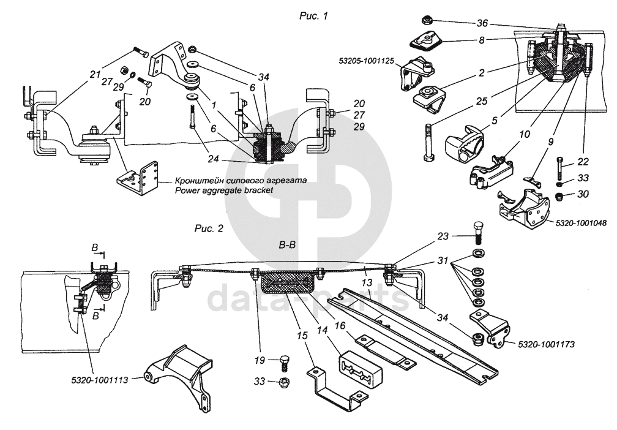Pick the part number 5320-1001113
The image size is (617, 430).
point(99,379)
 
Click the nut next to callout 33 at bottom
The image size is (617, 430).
point(284,382)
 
